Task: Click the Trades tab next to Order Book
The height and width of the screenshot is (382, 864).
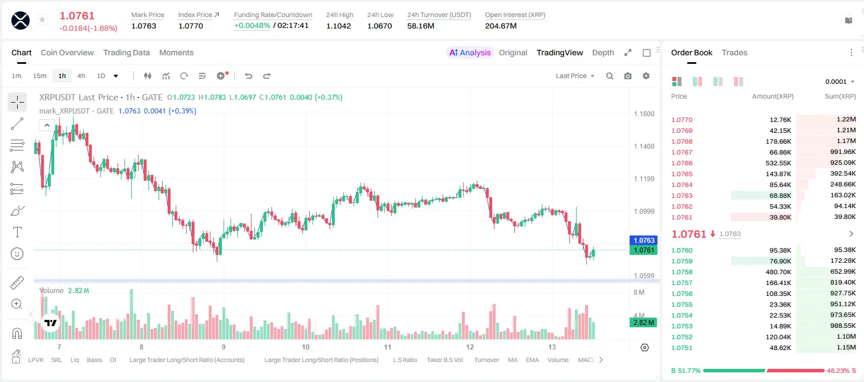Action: coord(735,52)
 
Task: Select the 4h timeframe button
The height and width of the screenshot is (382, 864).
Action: coord(81,76)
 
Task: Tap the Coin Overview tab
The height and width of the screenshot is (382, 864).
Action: coord(67,52)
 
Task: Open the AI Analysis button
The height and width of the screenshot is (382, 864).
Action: coord(470,52)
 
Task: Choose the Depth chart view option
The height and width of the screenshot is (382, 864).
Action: coord(603,52)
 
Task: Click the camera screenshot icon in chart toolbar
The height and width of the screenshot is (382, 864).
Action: coord(628,76)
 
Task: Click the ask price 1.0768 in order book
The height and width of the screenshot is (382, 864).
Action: coord(682,141)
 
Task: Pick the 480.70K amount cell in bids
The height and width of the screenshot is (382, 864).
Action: coord(778,272)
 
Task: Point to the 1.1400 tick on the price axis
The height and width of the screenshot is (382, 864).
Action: coord(644,147)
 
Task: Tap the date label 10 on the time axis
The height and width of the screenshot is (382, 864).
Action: coord(306,347)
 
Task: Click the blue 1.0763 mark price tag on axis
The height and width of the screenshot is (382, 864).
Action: coord(644,240)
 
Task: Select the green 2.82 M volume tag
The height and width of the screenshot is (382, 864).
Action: coord(643,322)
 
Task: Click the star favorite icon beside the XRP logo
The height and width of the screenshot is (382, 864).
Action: coord(42,19)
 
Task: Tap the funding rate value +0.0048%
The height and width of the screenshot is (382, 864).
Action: coord(252,26)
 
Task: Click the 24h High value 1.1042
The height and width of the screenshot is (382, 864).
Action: coord(339,26)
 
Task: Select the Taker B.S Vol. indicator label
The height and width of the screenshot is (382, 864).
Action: coord(445,360)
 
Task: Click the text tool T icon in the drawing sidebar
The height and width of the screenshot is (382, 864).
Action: coord(17,232)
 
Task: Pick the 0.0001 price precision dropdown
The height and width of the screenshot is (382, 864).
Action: coord(839,82)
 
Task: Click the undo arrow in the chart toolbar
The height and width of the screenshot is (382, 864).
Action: coord(249,76)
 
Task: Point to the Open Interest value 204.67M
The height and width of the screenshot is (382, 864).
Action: coord(501,26)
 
